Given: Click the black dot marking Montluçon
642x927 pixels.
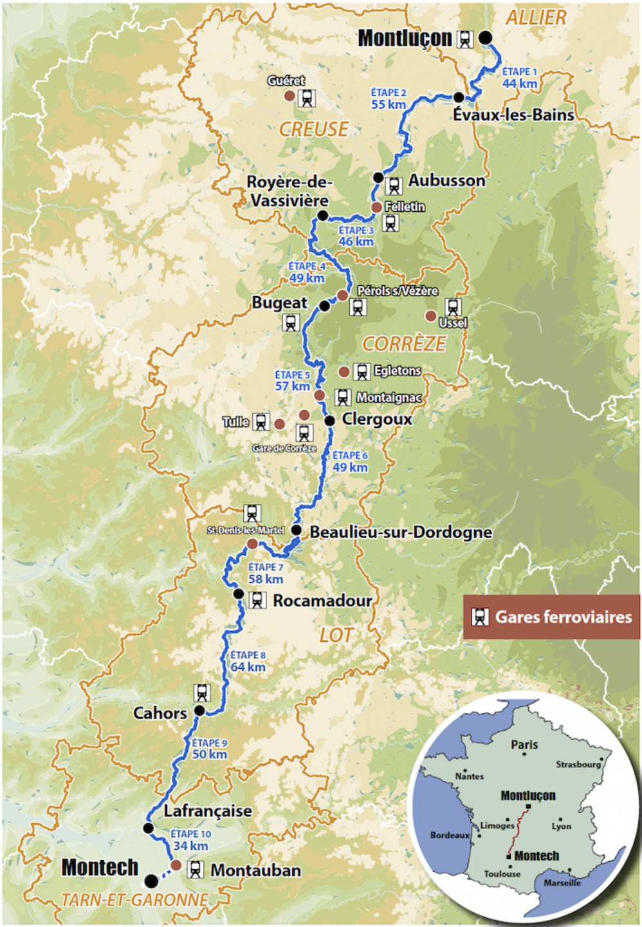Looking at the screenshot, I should tap(486, 38).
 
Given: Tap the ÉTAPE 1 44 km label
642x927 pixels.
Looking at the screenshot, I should tap(519, 78).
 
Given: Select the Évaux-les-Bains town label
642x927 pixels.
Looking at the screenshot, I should tap(513, 115).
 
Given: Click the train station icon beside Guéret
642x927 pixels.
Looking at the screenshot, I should tap(307, 98).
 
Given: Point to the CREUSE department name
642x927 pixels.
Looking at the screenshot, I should tap(314, 129).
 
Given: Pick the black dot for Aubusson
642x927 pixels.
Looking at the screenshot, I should tap(378, 178).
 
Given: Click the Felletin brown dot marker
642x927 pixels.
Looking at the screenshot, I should tap(376, 207).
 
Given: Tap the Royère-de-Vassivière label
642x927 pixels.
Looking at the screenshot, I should tap(289, 191).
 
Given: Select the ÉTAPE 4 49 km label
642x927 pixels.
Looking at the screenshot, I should tap(307, 272).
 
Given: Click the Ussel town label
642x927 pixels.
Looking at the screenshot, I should tap(453, 323).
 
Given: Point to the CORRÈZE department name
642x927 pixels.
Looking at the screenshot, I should tap(404, 344).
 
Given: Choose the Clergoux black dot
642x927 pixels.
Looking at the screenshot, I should tap(329, 420).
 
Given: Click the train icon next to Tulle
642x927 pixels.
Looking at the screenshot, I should tap(261, 422).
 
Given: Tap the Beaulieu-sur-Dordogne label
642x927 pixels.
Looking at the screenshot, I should tap(401, 532).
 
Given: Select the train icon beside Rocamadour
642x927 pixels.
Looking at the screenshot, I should tap(257, 601).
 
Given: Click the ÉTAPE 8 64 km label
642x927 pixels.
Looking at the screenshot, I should tap(248, 661).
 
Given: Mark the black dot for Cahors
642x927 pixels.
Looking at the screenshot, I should tap(199, 711).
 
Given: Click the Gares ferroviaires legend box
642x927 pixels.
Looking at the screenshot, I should tap(551, 617).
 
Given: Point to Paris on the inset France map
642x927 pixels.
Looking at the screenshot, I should tap(524, 745).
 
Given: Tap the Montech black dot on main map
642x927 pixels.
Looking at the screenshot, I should tap(151, 881).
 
